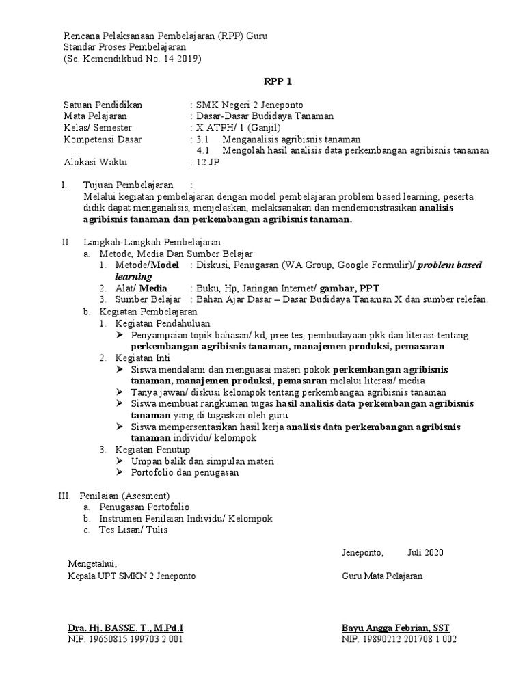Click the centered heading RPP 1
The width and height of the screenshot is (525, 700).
278,82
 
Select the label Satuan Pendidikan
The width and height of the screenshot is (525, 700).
103,105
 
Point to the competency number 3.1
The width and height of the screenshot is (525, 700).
206,139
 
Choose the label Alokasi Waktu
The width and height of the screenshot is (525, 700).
95,163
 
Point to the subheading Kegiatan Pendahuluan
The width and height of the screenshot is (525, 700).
163,323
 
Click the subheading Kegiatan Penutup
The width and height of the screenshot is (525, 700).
152,449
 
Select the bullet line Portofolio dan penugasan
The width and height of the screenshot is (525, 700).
185,472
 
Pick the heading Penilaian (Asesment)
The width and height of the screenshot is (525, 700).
124,495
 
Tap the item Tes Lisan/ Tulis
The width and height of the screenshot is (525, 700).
133,529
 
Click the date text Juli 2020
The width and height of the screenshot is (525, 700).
425,552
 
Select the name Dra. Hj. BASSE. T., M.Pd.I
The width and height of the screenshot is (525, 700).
125,628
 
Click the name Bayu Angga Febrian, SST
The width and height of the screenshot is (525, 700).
396,628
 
